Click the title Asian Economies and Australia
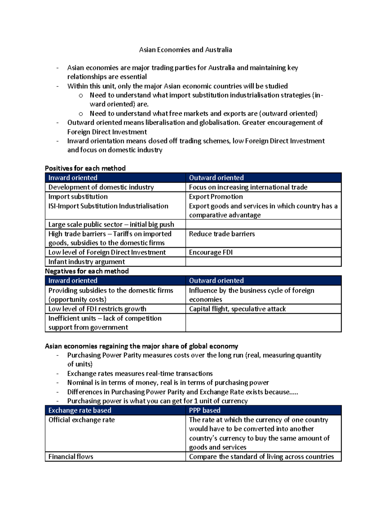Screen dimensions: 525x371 point(185,50)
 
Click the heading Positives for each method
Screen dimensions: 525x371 point(85,168)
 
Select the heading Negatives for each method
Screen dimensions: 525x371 point(87,271)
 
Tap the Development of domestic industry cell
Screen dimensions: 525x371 point(101,187)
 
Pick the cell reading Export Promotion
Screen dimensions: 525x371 point(216,197)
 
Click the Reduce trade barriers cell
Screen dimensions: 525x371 point(222,234)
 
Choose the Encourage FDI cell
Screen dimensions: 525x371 point(211,252)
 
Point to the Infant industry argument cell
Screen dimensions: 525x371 point(87,262)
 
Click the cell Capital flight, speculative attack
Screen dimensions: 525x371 point(237,309)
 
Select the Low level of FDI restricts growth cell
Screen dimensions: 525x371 point(97,309)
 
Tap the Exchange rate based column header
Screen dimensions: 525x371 point(80,410)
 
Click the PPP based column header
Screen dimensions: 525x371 point(205,410)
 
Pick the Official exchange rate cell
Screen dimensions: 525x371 point(81,420)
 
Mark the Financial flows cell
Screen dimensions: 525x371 point(71,457)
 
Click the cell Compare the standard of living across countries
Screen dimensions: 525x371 point(261,457)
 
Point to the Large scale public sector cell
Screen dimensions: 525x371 point(111,224)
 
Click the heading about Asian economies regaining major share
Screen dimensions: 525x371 point(141,346)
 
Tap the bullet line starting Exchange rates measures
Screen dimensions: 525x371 point(140,373)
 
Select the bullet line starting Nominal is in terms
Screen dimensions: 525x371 point(168,383)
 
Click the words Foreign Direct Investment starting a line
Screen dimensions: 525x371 point(107,132)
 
